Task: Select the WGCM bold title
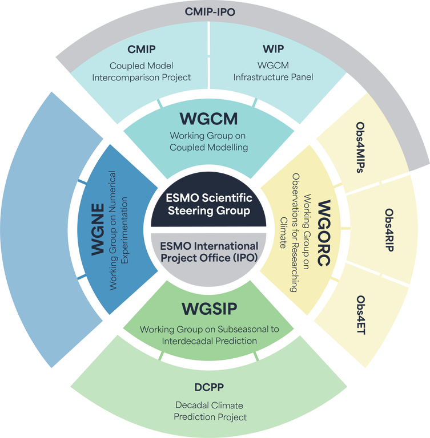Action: coord(208,119)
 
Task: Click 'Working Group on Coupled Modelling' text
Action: coord(208,141)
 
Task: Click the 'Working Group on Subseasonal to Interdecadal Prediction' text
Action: coord(208,335)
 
